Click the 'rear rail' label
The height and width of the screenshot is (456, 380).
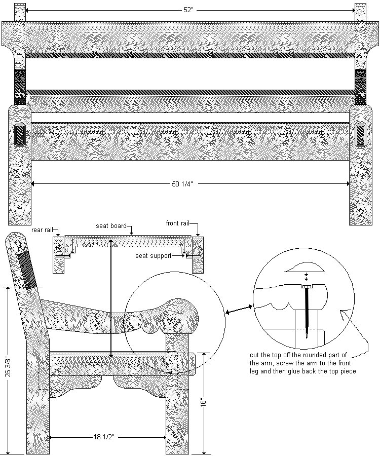pos(42,230)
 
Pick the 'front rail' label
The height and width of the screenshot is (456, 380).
pos(178,223)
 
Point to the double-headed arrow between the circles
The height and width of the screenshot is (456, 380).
pos(240,310)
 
